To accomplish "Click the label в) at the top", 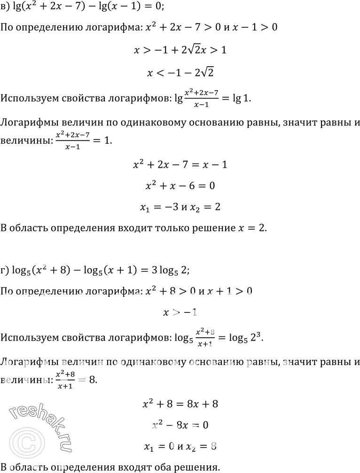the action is pos(6,8).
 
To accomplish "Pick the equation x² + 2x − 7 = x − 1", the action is pos(180,165).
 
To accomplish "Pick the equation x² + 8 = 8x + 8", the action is pos(180,404).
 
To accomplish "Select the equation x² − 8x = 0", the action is pos(180,425).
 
